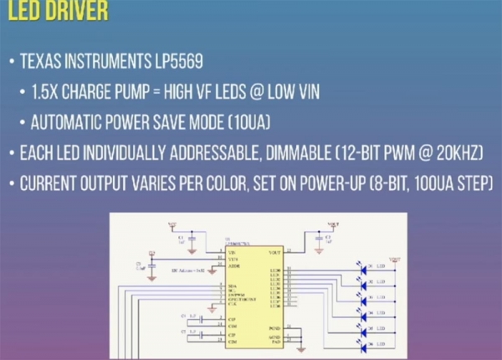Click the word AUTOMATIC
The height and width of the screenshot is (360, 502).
click(x=69, y=122)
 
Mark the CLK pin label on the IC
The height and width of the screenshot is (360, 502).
click(x=233, y=306)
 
